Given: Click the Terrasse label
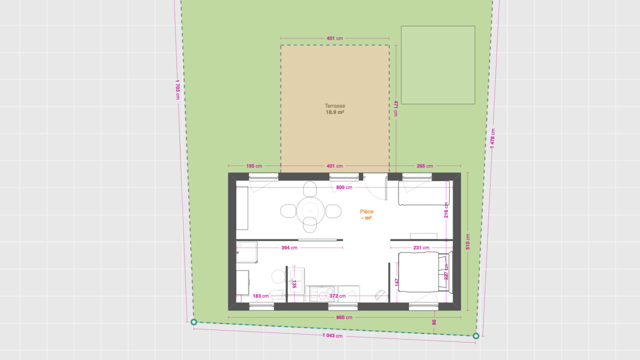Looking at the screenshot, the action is (335, 105).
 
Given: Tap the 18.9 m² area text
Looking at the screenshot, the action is (335, 112).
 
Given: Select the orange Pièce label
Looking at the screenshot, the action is (366, 211).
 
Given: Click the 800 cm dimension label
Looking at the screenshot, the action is (344, 187).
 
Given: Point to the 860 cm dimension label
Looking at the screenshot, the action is (344, 317).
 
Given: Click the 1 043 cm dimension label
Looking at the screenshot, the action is (332, 335).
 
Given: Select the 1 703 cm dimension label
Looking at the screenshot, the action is (177, 89).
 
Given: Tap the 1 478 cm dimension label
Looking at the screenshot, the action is (492, 138).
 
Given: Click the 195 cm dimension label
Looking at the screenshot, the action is (254, 166).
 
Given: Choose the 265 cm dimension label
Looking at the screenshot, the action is (424, 166).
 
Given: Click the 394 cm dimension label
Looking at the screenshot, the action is (289, 247).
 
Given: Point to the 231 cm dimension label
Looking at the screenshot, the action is (421, 247).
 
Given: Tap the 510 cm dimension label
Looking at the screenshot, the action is (467, 241).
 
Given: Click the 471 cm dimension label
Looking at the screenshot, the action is (396, 108).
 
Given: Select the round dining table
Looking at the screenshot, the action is (310, 211).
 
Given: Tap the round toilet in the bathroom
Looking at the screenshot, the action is (278, 276).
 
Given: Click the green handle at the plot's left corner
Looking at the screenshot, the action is (193, 322).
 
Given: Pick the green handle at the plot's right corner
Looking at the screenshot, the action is (475, 336).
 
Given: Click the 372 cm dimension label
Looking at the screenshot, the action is (337, 296).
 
